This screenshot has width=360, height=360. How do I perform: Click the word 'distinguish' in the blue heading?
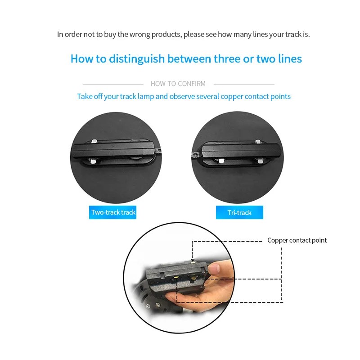137,59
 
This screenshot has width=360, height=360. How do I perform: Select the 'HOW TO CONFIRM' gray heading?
178,84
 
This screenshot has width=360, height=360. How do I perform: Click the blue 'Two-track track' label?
113,212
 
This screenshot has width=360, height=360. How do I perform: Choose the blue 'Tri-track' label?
239,212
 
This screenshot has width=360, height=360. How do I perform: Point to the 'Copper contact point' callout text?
297,240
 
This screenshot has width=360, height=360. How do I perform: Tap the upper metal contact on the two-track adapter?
94,141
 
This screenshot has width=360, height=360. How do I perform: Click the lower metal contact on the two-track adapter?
93,162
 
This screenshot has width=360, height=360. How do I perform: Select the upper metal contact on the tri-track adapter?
258,141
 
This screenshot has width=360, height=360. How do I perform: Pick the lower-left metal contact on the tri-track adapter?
221,161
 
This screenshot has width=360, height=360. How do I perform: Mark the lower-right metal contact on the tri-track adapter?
260,161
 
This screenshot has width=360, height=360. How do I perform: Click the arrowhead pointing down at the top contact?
193,260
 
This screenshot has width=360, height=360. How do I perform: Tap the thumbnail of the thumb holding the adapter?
214,269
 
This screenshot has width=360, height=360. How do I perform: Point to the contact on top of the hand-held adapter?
193,261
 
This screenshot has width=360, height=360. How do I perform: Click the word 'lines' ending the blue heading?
290,59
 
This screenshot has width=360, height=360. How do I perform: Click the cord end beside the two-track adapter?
158,151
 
